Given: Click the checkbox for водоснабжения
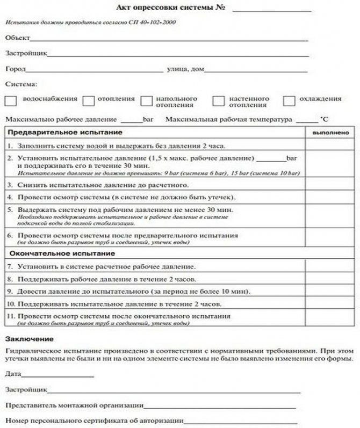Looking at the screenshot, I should [x=11, y=100].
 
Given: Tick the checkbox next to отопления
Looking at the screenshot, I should [x=89, y=100].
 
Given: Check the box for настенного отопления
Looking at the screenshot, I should [x=218, y=100].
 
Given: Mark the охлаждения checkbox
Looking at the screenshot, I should [x=289, y=100].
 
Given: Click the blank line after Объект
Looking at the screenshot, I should [x=169, y=39].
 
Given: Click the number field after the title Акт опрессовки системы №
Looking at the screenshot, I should [x=272, y=9].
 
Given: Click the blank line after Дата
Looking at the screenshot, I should [x=57, y=374].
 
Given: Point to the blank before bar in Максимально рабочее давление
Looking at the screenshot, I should [x=132, y=119].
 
